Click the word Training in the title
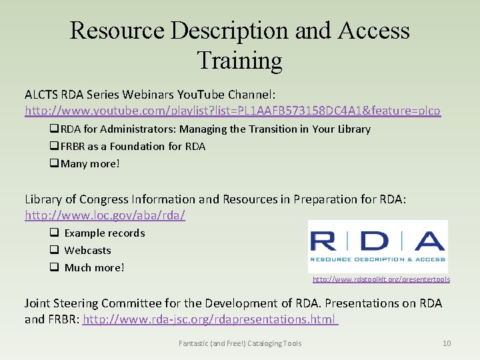pyautogui.click(x=239, y=61)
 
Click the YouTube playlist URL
pyautogui.click(x=233, y=110)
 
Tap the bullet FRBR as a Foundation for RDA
pyautogui.click(x=133, y=146)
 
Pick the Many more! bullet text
pyautogui.click(x=90, y=163)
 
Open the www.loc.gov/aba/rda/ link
pyautogui.click(x=105, y=215)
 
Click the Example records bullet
pyautogui.click(x=104, y=233)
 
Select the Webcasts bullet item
pyautogui.click(x=87, y=250)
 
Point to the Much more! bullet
pyautogui.click(x=94, y=267)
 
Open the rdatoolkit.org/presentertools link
pyautogui.click(x=381, y=279)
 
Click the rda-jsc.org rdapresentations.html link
pyautogui.click(x=209, y=319)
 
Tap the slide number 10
pyautogui.click(x=447, y=343)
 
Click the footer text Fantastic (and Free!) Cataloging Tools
pyautogui.click(x=240, y=343)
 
